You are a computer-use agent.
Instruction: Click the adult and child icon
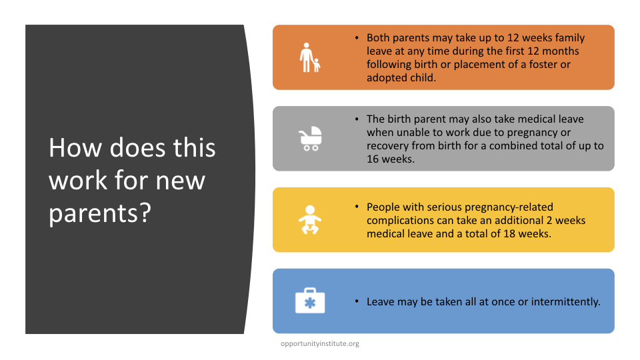click(310, 57)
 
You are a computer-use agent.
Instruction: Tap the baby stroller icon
click(310, 139)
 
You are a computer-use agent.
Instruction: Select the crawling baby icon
click(310, 219)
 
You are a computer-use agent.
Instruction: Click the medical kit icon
click(310, 301)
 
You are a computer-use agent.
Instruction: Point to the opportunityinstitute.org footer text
click(320, 344)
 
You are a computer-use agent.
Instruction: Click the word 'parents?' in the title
click(100, 213)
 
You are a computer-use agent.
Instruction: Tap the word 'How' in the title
click(75, 147)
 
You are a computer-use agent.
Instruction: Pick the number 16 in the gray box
click(373, 159)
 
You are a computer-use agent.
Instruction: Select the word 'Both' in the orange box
click(378, 37)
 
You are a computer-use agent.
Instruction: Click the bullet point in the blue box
click(357, 301)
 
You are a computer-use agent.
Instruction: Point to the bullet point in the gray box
click(357, 119)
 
